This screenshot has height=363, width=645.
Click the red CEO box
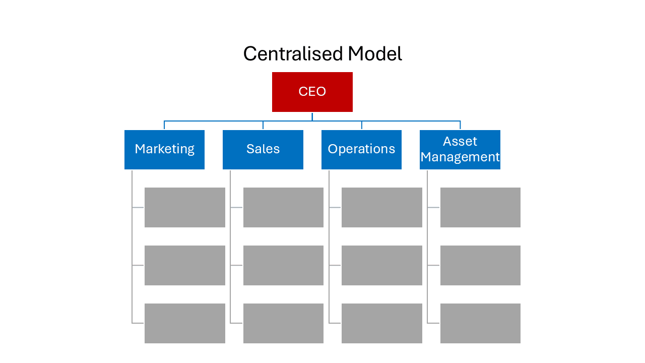pyautogui.click(x=312, y=92)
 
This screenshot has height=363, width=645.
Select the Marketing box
pyautogui.click(x=164, y=149)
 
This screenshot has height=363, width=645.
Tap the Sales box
pyautogui.click(x=263, y=149)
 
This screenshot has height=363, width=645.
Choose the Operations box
pyautogui.click(x=361, y=149)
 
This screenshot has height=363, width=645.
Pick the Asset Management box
pyautogui.click(x=460, y=149)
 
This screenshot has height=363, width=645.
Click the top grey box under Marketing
pyautogui.click(x=184, y=207)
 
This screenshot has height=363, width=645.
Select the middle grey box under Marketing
pyautogui.click(x=184, y=265)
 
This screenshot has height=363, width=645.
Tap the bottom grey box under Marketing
pyautogui.click(x=184, y=323)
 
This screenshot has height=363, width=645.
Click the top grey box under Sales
pyautogui.click(x=283, y=207)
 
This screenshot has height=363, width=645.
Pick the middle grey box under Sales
pyautogui.click(x=283, y=265)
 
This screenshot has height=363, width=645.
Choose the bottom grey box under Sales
pyautogui.click(x=283, y=323)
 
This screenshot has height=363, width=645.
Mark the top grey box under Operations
pyautogui.click(x=381, y=207)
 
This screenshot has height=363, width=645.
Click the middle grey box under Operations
pyautogui.click(x=381, y=265)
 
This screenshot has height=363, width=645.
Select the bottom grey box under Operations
pyautogui.click(x=381, y=323)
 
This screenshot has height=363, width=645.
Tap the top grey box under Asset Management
pyautogui.click(x=480, y=207)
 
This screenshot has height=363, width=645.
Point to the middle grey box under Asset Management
pyautogui.click(x=480, y=265)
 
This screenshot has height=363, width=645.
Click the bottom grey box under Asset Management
pyautogui.click(x=480, y=323)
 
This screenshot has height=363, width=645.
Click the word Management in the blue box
pyautogui.click(x=460, y=157)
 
